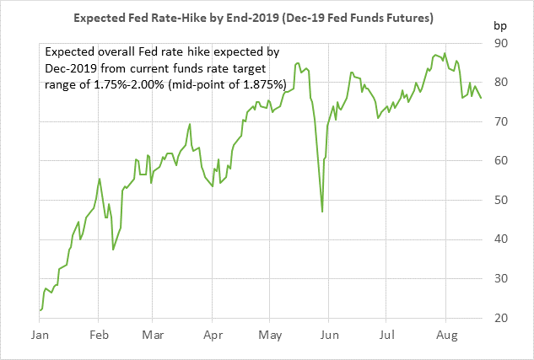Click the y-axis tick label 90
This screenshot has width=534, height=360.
point(501,43)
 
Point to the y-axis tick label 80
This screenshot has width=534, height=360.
point(501,83)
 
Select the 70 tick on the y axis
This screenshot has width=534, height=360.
point(501,121)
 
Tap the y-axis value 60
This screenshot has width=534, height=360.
point(501,161)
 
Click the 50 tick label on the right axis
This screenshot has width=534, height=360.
point(501,200)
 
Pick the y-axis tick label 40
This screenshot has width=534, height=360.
point(501,239)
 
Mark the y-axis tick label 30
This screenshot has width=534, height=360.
point(501,278)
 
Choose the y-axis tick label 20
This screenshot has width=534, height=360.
point(501,318)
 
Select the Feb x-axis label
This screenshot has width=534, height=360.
point(98,335)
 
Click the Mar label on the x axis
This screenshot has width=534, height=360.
point(152,335)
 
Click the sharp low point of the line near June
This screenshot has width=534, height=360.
point(322,211)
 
